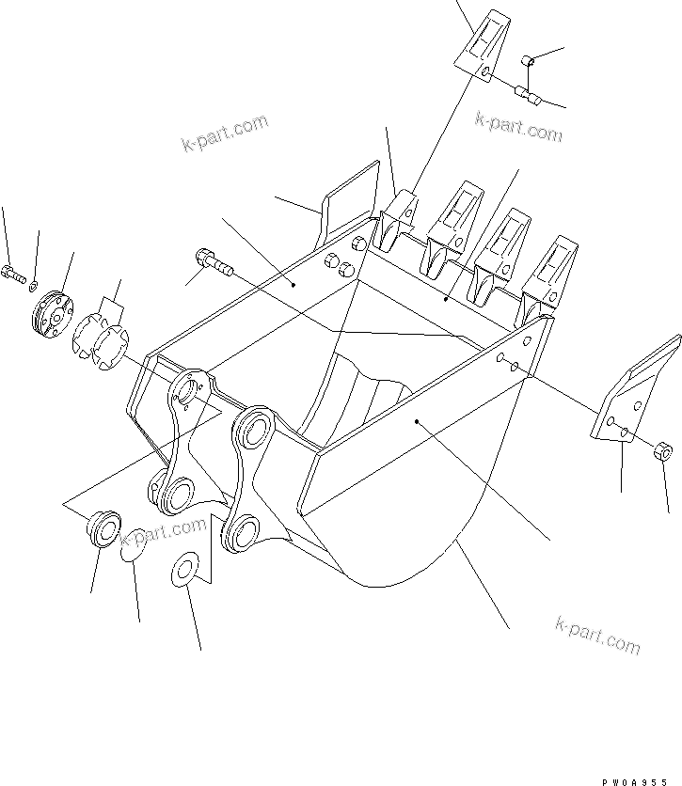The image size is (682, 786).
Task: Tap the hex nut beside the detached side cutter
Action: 661,450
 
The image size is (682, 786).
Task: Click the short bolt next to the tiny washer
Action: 13,274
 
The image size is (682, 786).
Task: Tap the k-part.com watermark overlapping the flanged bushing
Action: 162,533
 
